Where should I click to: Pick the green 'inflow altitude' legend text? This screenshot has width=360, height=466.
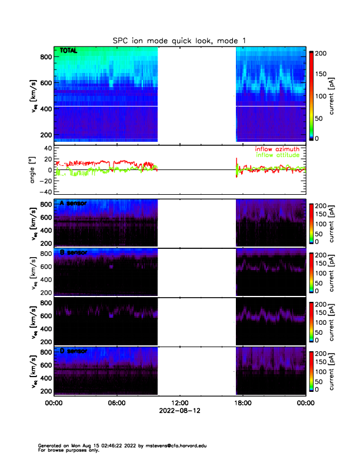click(x=278, y=155)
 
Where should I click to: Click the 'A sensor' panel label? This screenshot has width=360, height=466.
click(x=74, y=204)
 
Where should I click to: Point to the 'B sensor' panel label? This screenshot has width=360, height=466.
click(x=74, y=252)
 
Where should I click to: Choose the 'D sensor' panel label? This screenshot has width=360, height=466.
click(x=74, y=351)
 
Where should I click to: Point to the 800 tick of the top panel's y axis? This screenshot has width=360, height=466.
click(x=45, y=57)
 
